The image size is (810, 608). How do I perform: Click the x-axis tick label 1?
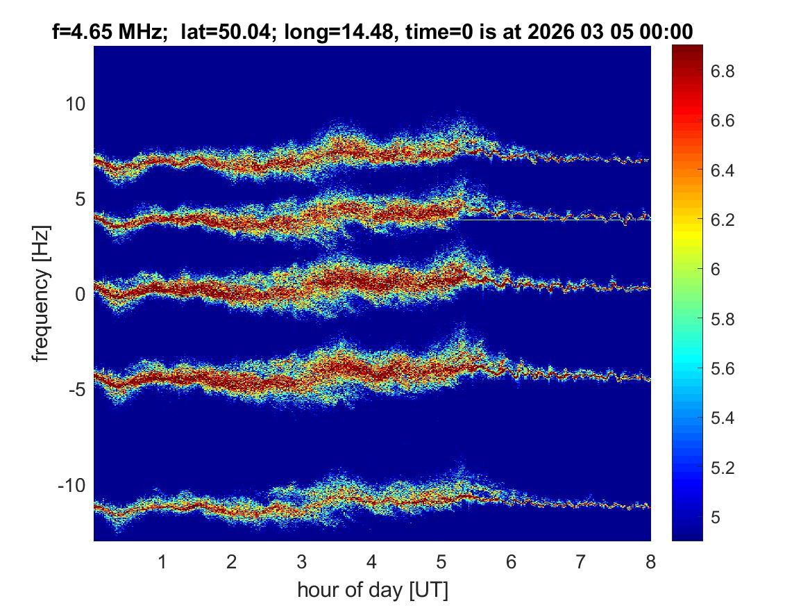[x=162, y=561]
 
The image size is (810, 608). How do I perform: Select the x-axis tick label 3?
[x=301, y=561]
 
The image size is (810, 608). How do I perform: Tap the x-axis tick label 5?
[x=441, y=561]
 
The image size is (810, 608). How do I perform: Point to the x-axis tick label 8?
[x=650, y=561]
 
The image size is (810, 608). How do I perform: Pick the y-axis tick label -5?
[x=78, y=389]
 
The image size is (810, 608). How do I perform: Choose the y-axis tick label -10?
[x=73, y=484]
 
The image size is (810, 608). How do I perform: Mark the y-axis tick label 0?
[x=81, y=294]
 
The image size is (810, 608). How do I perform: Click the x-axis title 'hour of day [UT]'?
[x=372, y=591]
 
